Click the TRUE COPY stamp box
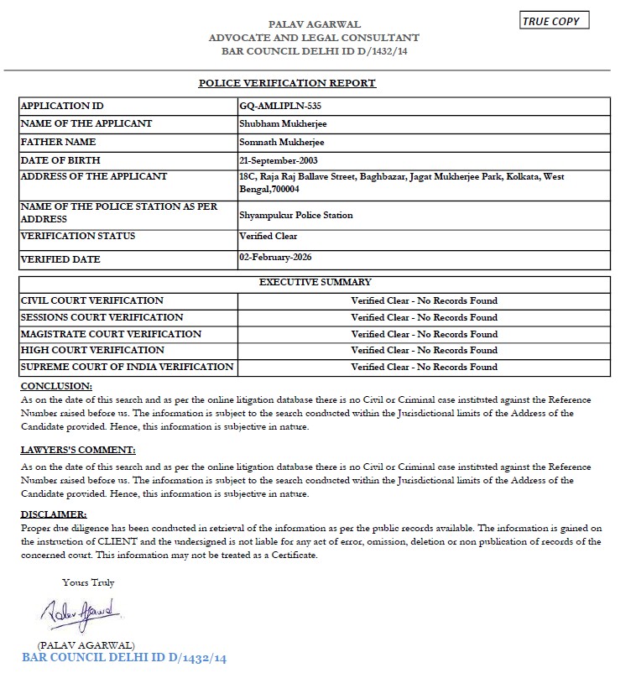click(x=555, y=21)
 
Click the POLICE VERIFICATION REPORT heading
click(x=287, y=83)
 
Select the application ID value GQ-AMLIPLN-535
click(x=280, y=107)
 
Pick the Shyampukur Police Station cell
click(x=295, y=215)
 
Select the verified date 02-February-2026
click(x=275, y=257)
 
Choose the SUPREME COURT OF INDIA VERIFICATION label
click(x=127, y=367)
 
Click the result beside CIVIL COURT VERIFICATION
click(x=424, y=300)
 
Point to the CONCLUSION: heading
click(x=56, y=386)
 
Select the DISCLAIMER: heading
click(x=54, y=514)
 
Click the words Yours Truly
click(x=88, y=582)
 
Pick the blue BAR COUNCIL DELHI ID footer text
click(x=124, y=658)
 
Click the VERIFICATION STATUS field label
click(x=77, y=237)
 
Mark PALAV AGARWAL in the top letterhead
click(x=314, y=24)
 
